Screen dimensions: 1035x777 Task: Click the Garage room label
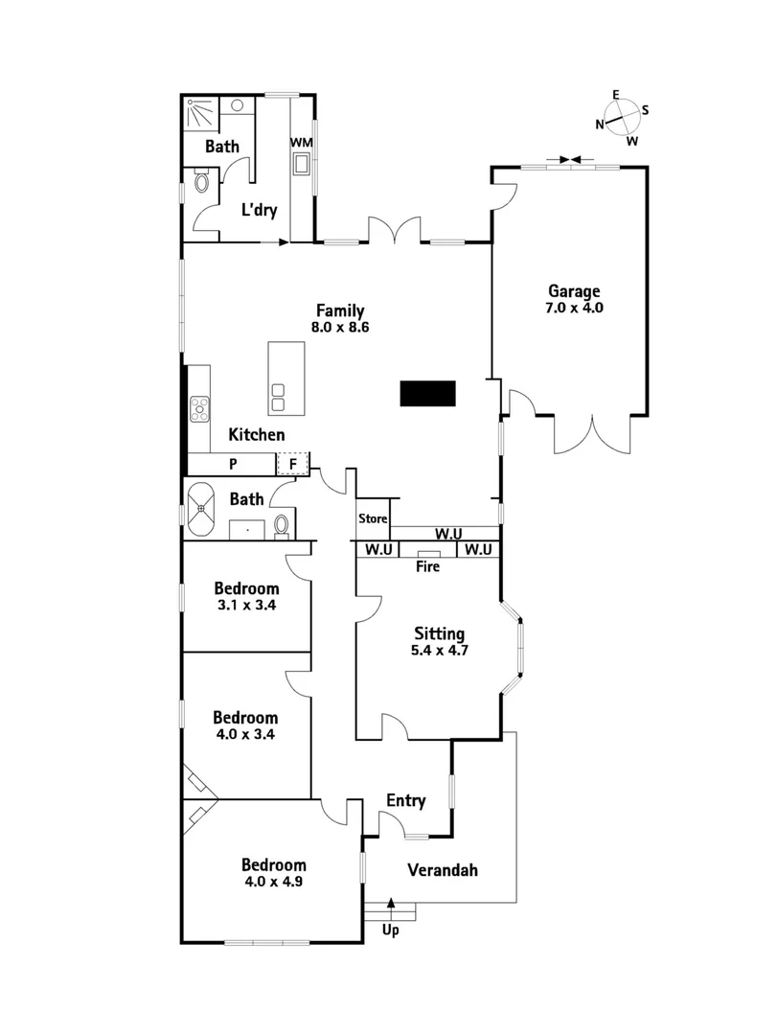[x=574, y=299]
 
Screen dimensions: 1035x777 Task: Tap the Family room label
[x=339, y=317]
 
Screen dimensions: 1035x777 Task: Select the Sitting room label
[x=439, y=641]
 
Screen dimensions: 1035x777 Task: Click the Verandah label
[x=442, y=870]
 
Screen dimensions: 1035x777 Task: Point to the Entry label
[x=405, y=801]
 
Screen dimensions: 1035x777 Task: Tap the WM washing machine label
[x=301, y=143]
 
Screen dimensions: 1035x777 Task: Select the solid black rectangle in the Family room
[x=427, y=393]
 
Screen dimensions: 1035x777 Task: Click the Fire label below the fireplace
[x=427, y=566]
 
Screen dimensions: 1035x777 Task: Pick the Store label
[x=373, y=519]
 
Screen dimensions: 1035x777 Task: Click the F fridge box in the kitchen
[x=294, y=465]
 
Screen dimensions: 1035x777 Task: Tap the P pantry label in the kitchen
[x=232, y=465]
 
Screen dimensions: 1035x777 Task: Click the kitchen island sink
[x=279, y=397]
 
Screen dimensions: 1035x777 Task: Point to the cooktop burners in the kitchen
[x=200, y=409]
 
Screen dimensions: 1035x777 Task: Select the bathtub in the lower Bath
[x=205, y=509]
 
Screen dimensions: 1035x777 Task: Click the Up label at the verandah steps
[x=390, y=930]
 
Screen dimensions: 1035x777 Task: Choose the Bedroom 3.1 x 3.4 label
[x=246, y=596]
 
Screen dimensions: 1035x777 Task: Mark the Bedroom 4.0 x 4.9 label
[x=273, y=871]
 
